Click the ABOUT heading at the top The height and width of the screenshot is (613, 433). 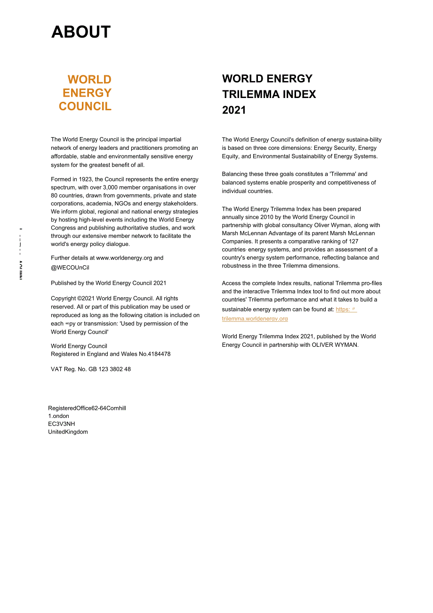(81, 32)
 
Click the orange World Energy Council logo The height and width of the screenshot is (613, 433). (86, 93)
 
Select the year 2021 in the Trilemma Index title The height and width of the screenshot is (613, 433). (234, 110)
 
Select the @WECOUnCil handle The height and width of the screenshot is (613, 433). (70, 268)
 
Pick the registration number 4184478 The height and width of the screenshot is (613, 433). (159, 354)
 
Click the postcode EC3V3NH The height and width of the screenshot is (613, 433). (61, 424)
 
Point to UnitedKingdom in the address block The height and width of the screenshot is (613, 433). (68, 432)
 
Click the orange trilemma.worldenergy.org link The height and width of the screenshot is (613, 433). (255, 319)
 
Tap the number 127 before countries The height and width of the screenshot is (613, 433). (353, 242)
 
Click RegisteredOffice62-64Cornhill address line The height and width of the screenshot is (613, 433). (87, 408)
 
